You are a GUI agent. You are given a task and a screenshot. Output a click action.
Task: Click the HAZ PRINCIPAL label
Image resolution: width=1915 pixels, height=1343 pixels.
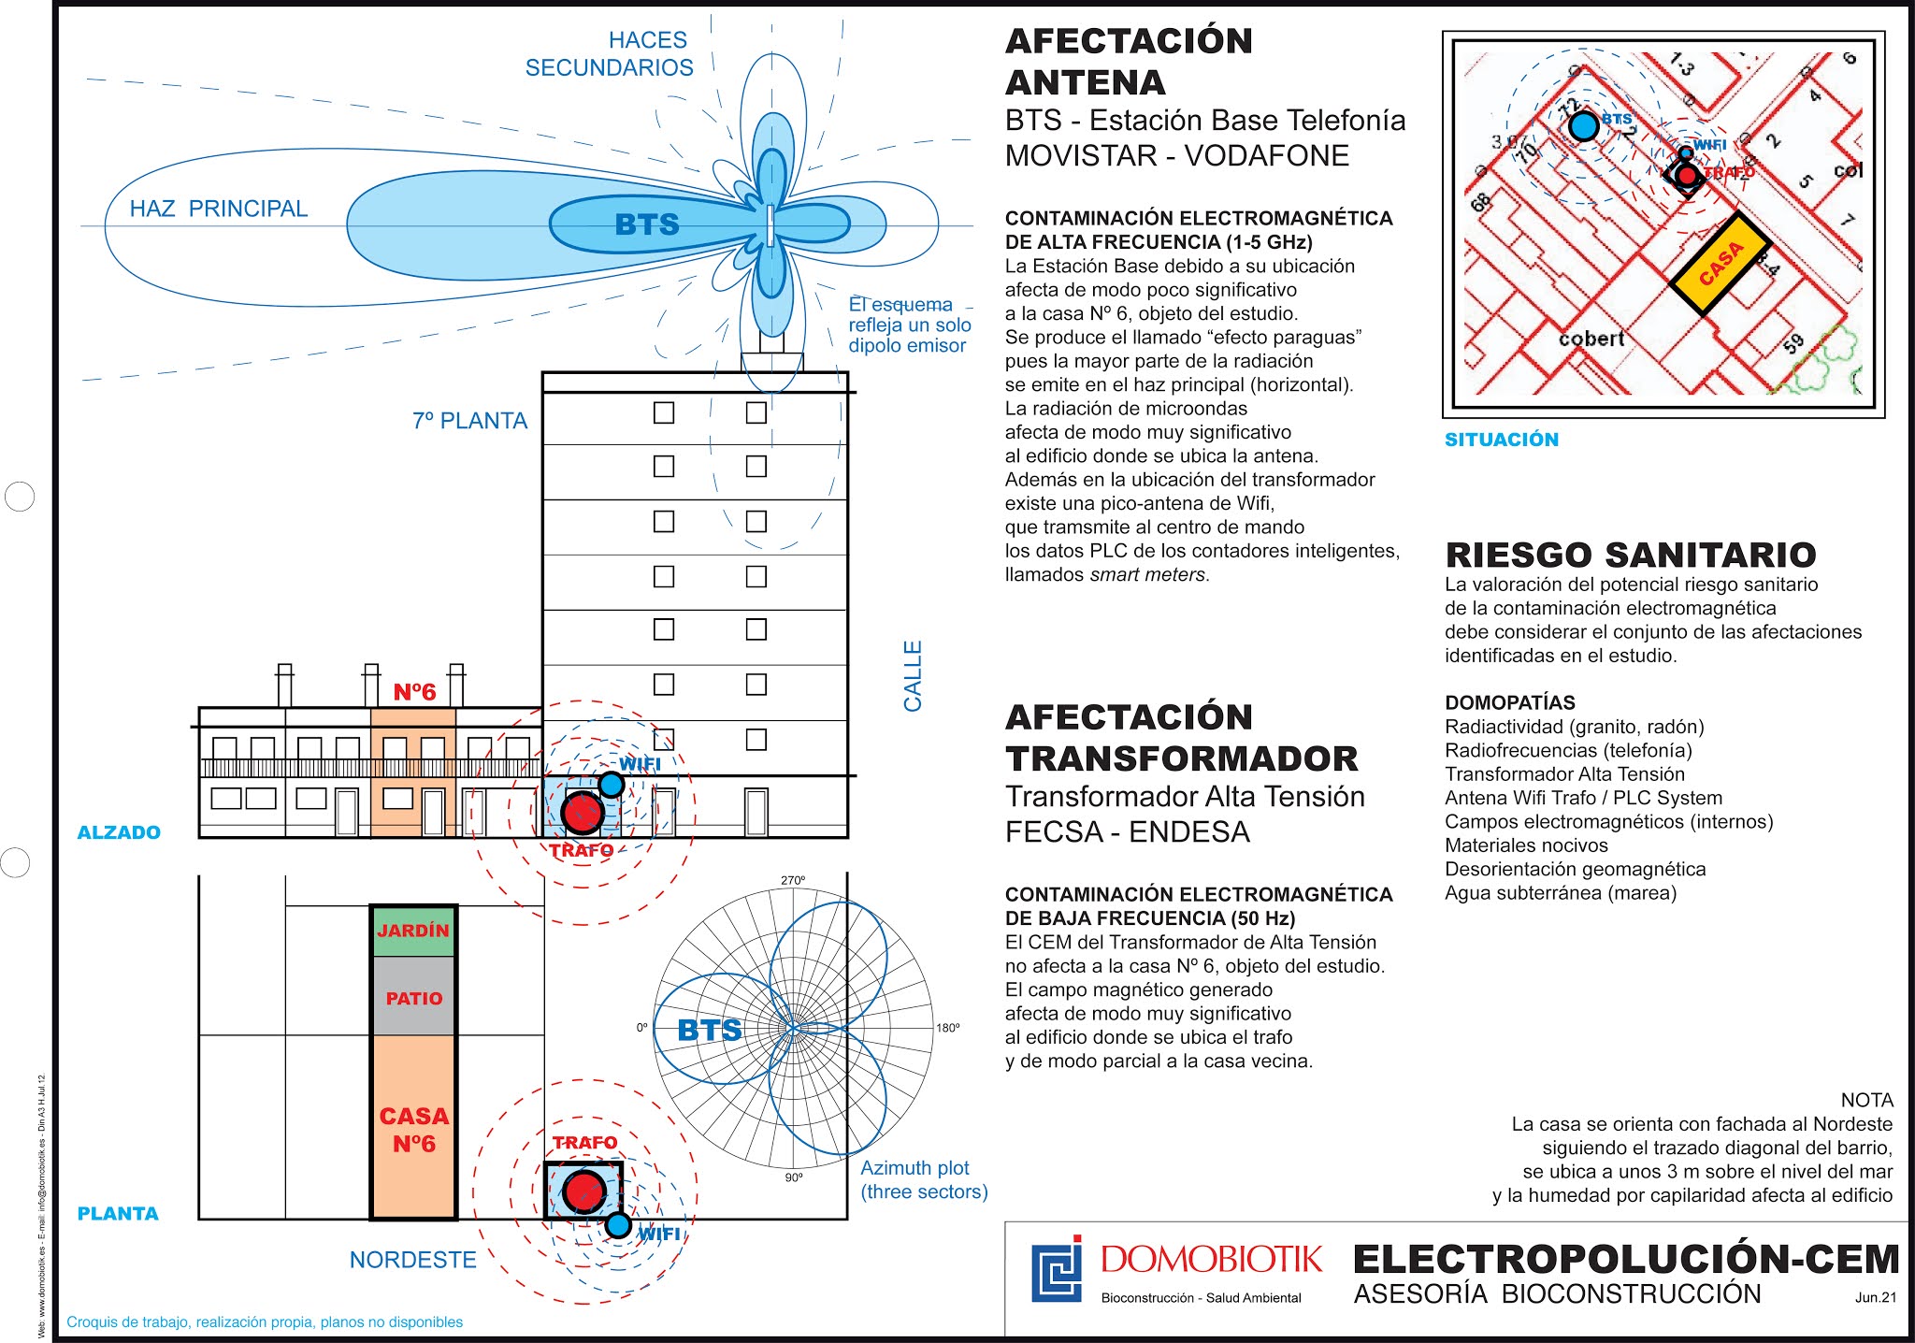click(x=218, y=209)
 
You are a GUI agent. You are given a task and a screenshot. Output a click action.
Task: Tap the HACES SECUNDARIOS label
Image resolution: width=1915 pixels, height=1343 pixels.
click(x=610, y=54)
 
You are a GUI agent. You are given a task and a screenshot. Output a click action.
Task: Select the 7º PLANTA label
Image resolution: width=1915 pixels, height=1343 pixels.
click(x=469, y=421)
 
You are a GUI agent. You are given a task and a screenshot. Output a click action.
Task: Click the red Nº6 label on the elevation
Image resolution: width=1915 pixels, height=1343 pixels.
click(x=414, y=692)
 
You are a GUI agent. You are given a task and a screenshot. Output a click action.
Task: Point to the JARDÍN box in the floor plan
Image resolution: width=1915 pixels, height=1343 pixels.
click(x=413, y=931)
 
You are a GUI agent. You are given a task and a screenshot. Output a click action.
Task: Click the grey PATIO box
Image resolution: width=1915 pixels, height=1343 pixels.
click(x=414, y=998)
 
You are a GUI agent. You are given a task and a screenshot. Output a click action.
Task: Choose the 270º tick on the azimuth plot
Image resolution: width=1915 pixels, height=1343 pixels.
click(x=793, y=880)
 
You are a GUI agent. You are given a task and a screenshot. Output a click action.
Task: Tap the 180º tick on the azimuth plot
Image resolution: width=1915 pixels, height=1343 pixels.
click(x=948, y=1028)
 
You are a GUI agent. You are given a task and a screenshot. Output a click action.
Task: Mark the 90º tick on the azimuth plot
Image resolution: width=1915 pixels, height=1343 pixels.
click(x=794, y=1177)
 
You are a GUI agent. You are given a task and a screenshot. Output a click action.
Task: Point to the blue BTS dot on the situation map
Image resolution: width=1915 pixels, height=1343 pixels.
click(x=1584, y=125)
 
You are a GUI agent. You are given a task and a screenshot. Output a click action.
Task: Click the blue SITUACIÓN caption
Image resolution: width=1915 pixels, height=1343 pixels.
click(x=1502, y=440)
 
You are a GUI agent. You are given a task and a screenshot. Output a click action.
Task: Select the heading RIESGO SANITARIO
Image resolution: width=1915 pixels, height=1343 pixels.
click(x=1631, y=555)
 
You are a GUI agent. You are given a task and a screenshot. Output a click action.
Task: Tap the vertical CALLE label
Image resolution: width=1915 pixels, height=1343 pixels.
click(x=913, y=675)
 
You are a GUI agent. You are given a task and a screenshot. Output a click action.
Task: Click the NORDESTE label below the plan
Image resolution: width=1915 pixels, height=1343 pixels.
click(x=412, y=1260)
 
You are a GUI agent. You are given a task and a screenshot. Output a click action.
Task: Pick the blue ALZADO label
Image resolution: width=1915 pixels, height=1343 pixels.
click(x=119, y=832)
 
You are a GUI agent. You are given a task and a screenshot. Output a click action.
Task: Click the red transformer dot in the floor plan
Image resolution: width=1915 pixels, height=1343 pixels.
click(x=585, y=1191)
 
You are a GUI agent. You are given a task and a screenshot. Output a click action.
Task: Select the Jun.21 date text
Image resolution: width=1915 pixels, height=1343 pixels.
click(x=1876, y=1297)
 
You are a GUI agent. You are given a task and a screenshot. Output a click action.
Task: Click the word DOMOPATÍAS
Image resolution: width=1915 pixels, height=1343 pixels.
click(x=1510, y=702)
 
